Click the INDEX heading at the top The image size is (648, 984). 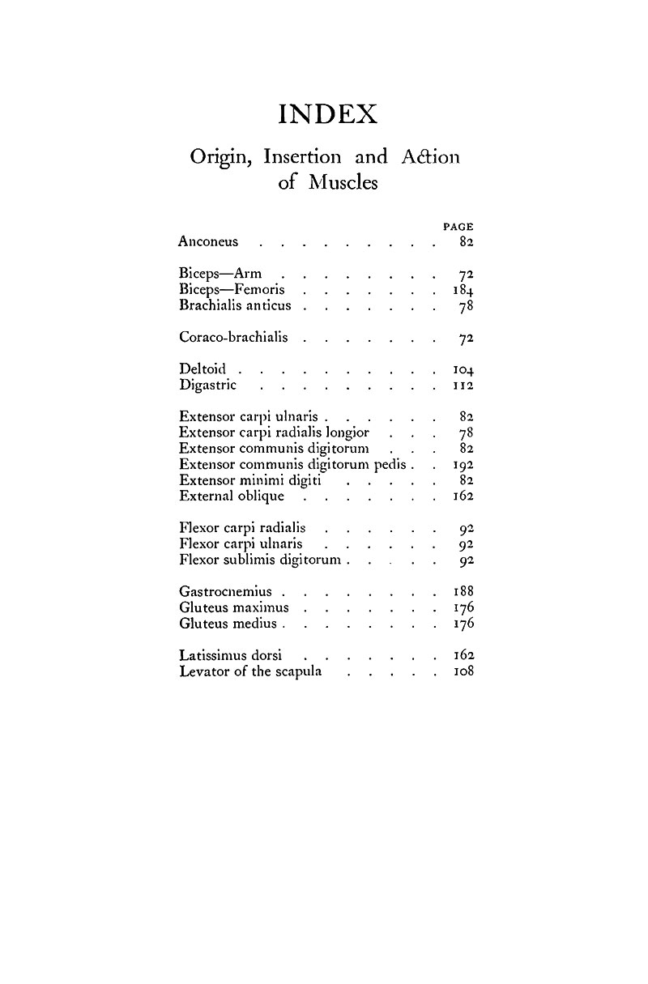tap(328, 114)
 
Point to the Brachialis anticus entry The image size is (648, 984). tap(234, 306)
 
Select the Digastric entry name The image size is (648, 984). tap(208, 385)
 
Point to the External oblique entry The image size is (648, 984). tap(232, 496)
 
